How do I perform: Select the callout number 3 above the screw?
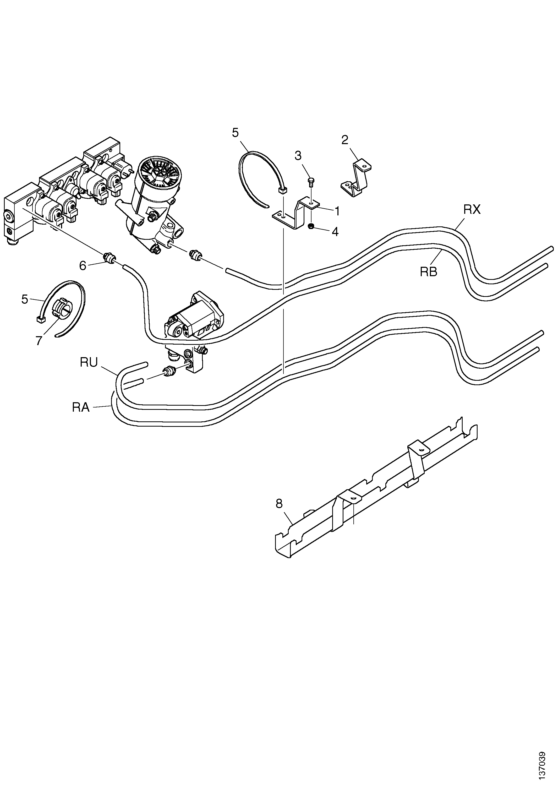(298, 156)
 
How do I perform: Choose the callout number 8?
(279, 504)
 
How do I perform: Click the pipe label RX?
(472, 210)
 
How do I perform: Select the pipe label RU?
(89, 363)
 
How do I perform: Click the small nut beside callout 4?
(311, 227)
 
